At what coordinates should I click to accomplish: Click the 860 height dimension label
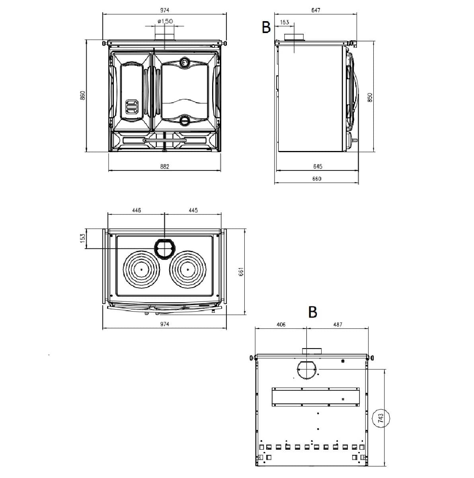pos(83,96)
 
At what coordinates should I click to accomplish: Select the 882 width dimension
pos(165,167)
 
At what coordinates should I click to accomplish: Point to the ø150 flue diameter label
pos(165,21)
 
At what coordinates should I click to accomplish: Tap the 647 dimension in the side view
pos(316,10)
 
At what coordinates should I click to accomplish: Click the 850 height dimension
pos(370,98)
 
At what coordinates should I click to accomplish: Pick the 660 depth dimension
pos(317,179)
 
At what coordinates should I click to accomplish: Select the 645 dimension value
pos(318,167)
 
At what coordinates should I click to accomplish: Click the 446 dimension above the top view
pos(137,210)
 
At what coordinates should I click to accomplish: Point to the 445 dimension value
pos(193,210)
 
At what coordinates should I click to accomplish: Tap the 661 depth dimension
pos(240,272)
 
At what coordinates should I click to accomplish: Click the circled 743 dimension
pos(380,418)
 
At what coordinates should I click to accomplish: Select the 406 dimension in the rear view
pos(281,325)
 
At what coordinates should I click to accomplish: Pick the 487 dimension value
pos(337,325)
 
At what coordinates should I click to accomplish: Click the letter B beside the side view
pos(266,27)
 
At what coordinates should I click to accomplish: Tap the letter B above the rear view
pos(313,312)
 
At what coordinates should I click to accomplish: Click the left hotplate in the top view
pos(141,270)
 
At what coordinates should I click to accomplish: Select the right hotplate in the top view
pos(187,270)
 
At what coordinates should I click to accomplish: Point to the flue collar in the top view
pos(164,248)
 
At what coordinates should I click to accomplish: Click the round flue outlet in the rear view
pos(307,370)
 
